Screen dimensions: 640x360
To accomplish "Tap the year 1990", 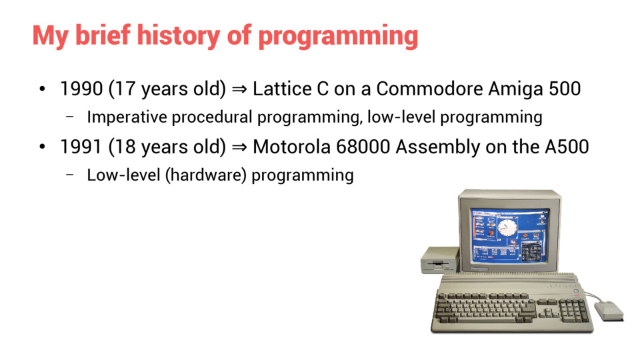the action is point(81,89).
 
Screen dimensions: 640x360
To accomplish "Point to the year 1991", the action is point(81,147).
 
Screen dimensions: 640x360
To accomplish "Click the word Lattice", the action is point(279,89).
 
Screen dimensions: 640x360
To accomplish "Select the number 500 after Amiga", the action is point(564,89).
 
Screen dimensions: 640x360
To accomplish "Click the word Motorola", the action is point(291,147).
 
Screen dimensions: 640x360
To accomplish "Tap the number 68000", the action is point(363,147).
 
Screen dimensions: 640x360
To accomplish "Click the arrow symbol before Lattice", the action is point(239,89).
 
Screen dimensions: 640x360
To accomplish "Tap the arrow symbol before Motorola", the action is point(239,147).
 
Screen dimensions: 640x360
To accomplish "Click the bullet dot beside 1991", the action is point(42,147).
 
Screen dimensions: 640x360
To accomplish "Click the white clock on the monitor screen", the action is point(507,227).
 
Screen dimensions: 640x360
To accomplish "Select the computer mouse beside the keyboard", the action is point(609,311).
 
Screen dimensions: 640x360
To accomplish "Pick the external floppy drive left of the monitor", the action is point(440,260).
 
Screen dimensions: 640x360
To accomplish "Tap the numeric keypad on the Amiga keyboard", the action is point(574,310).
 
